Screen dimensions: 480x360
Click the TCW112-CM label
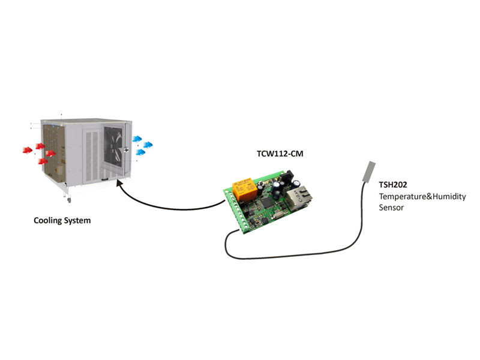(x=280, y=154)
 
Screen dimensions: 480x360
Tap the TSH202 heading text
(x=393, y=185)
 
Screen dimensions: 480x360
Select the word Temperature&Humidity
(x=422, y=197)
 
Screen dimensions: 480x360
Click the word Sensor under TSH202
(x=391, y=208)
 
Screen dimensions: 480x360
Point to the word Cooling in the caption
(x=47, y=221)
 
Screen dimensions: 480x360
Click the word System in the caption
(x=77, y=221)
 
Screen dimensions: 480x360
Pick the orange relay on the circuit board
(x=245, y=189)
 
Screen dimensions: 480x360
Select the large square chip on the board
(x=267, y=202)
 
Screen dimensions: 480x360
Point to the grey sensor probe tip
(x=369, y=172)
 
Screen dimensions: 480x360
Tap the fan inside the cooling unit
(x=113, y=147)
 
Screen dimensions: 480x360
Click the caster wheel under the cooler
(x=68, y=200)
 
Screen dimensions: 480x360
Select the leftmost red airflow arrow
(x=28, y=150)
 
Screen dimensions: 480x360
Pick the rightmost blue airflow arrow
(x=148, y=145)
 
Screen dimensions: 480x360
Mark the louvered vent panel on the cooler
(x=92, y=155)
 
